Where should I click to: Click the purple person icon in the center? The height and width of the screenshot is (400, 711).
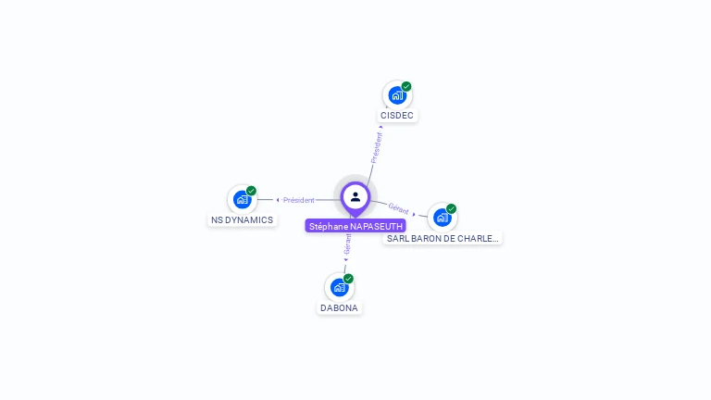point(355,196)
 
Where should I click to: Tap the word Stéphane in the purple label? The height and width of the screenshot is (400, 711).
point(328,226)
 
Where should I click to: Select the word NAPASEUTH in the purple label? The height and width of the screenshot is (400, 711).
point(376,226)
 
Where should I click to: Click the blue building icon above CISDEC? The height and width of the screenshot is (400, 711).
point(397,94)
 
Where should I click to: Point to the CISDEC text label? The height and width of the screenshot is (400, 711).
point(397,116)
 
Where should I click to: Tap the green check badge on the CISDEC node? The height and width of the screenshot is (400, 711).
point(406,86)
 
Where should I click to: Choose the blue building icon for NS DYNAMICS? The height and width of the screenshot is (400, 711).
point(242,199)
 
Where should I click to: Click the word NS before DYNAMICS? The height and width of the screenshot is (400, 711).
point(218,220)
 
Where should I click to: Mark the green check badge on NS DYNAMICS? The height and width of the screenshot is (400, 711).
point(251,191)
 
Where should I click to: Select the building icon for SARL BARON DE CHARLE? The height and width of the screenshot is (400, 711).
point(442,218)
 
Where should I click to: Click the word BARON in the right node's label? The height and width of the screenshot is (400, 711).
point(422,238)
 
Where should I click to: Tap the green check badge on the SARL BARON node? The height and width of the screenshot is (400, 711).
point(451,208)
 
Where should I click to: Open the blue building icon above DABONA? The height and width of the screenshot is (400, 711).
point(339,287)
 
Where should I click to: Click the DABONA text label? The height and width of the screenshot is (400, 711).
point(340,308)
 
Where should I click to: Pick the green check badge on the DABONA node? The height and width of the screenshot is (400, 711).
point(348,279)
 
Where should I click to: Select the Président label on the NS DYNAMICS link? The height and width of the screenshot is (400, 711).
point(298,200)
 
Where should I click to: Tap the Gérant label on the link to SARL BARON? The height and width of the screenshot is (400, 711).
point(399,209)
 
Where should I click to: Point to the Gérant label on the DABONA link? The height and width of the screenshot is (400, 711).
point(347,243)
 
